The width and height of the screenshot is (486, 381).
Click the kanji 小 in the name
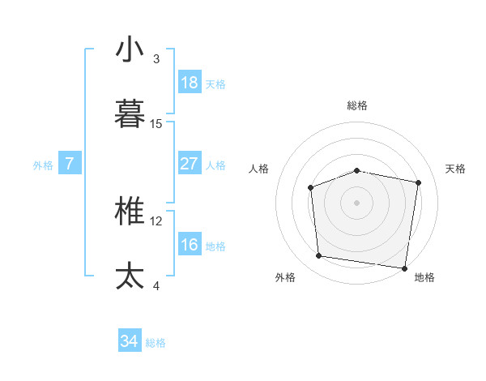click(x=130, y=49)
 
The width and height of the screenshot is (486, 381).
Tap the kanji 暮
click(x=130, y=113)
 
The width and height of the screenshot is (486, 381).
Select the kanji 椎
click(x=130, y=212)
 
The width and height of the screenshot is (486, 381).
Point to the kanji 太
click(x=130, y=276)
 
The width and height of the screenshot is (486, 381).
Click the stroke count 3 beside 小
click(x=156, y=59)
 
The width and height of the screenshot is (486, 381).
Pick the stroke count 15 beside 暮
click(x=156, y=123)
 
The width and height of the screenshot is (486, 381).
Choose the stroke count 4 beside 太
click(x=156, y=285)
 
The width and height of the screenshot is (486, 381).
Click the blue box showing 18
click(x=189, y=83)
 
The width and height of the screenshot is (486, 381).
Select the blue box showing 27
click(x=189, y=164)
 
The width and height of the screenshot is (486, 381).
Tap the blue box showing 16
click(x=189, y=245)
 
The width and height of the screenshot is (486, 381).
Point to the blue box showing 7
click(x=70, y=164)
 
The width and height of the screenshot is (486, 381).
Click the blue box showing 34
click(x=130, y=341)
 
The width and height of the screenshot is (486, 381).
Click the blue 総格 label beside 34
click(x=156, y=343)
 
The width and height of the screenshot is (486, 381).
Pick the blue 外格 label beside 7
click(x=43, y=165)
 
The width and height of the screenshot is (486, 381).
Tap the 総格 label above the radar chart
click(x=357, y=105)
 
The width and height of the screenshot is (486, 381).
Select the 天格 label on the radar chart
click(x=456, y=169)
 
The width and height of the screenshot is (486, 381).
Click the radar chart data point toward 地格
click(x=404, y=268)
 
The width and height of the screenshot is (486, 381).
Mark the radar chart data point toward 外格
click(x=319, y=256)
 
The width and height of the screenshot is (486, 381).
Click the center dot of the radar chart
click(x=357, y=202)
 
